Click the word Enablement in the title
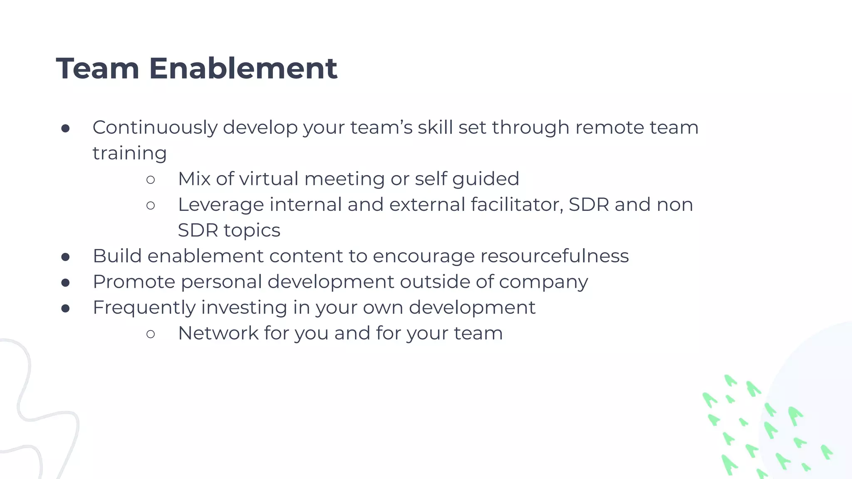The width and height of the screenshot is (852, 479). pos(243,69)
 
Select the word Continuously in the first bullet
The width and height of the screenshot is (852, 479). pos(155,128)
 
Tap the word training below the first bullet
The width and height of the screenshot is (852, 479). pos(129,154)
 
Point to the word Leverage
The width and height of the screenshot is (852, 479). pos(220,205)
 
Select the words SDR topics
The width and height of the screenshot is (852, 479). pos(229,230)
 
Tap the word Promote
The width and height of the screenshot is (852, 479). pos(134,282)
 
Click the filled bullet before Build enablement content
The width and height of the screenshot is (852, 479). pos(65,257)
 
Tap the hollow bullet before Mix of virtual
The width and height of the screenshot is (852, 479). pos(151,180)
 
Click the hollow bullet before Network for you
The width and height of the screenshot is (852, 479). pos(151,334)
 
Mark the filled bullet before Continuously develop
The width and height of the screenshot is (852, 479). pos(65,128)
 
